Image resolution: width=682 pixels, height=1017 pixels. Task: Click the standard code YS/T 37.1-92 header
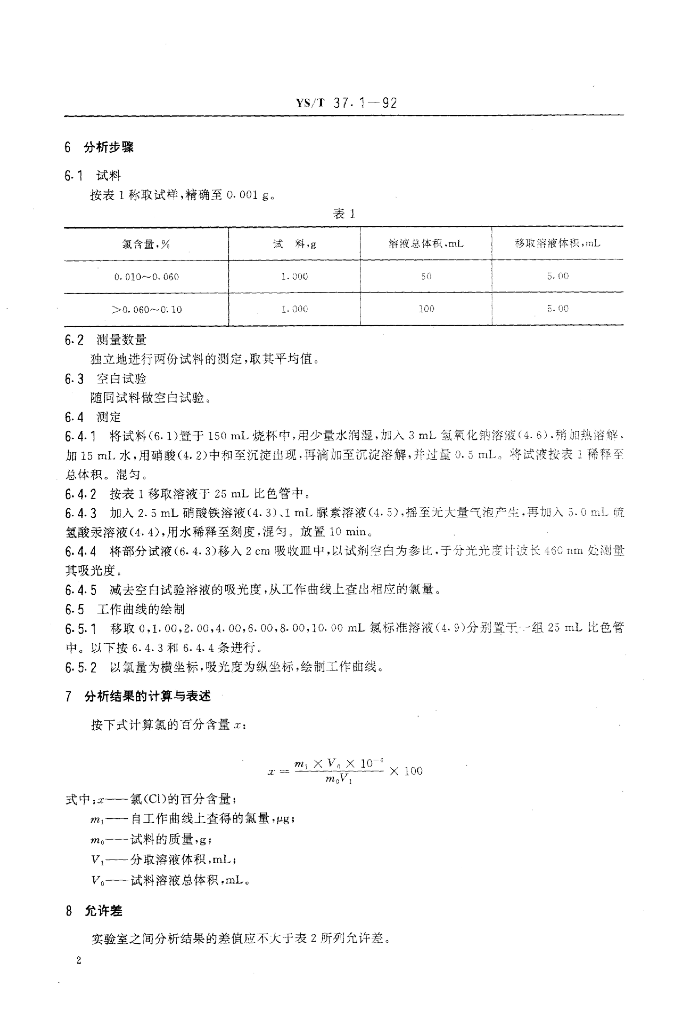click(346, 103)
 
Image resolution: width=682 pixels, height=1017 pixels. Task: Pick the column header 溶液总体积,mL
click(426, 244)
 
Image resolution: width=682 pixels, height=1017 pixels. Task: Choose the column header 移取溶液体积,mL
click(558, 244)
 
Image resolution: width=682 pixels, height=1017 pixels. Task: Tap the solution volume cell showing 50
click(426, 276)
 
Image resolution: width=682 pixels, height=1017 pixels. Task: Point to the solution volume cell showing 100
click(426, 309)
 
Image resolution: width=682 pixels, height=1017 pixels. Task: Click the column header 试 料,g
click(294, 244)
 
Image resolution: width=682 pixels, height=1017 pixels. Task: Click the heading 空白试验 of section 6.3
click(121, 379)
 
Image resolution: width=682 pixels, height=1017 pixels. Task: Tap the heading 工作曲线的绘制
click(140, 609)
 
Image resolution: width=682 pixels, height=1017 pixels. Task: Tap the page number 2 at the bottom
click(79, 960)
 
